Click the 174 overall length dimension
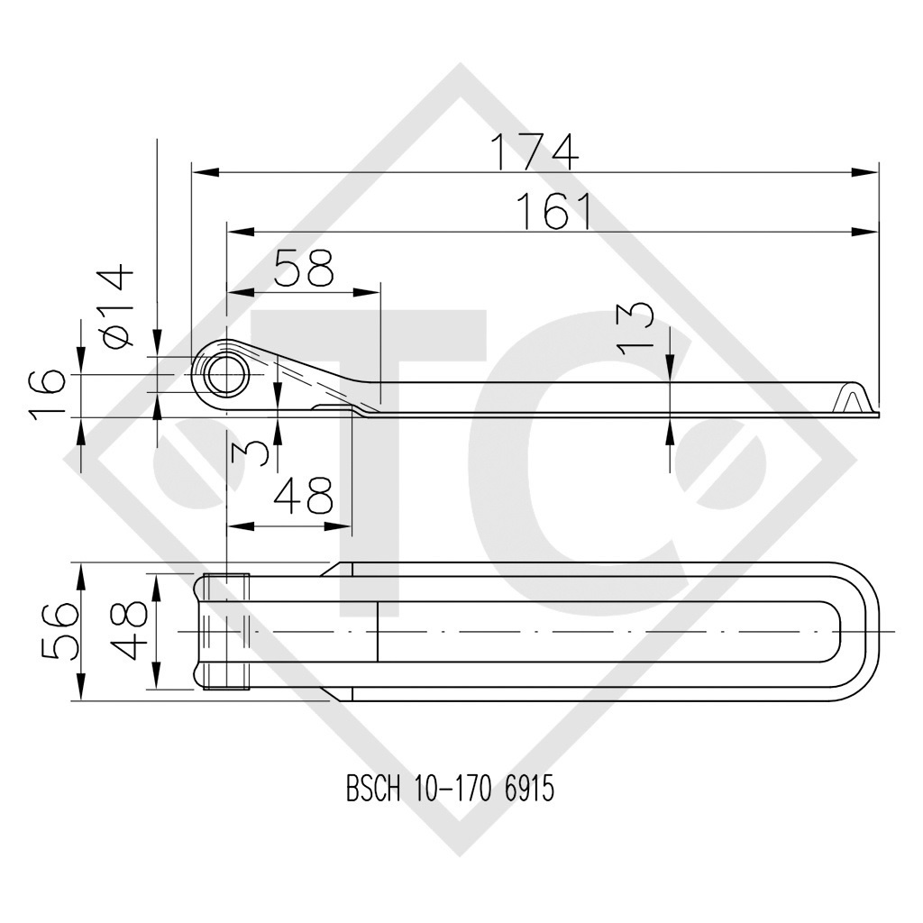[534, 151]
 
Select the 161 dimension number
[553, 212]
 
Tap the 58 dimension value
[303, 268]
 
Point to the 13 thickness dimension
[638, 326]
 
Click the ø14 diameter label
[117, 306]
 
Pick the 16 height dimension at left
[48, 394]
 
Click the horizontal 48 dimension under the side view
[303, 497]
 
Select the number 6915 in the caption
[526, 790]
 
